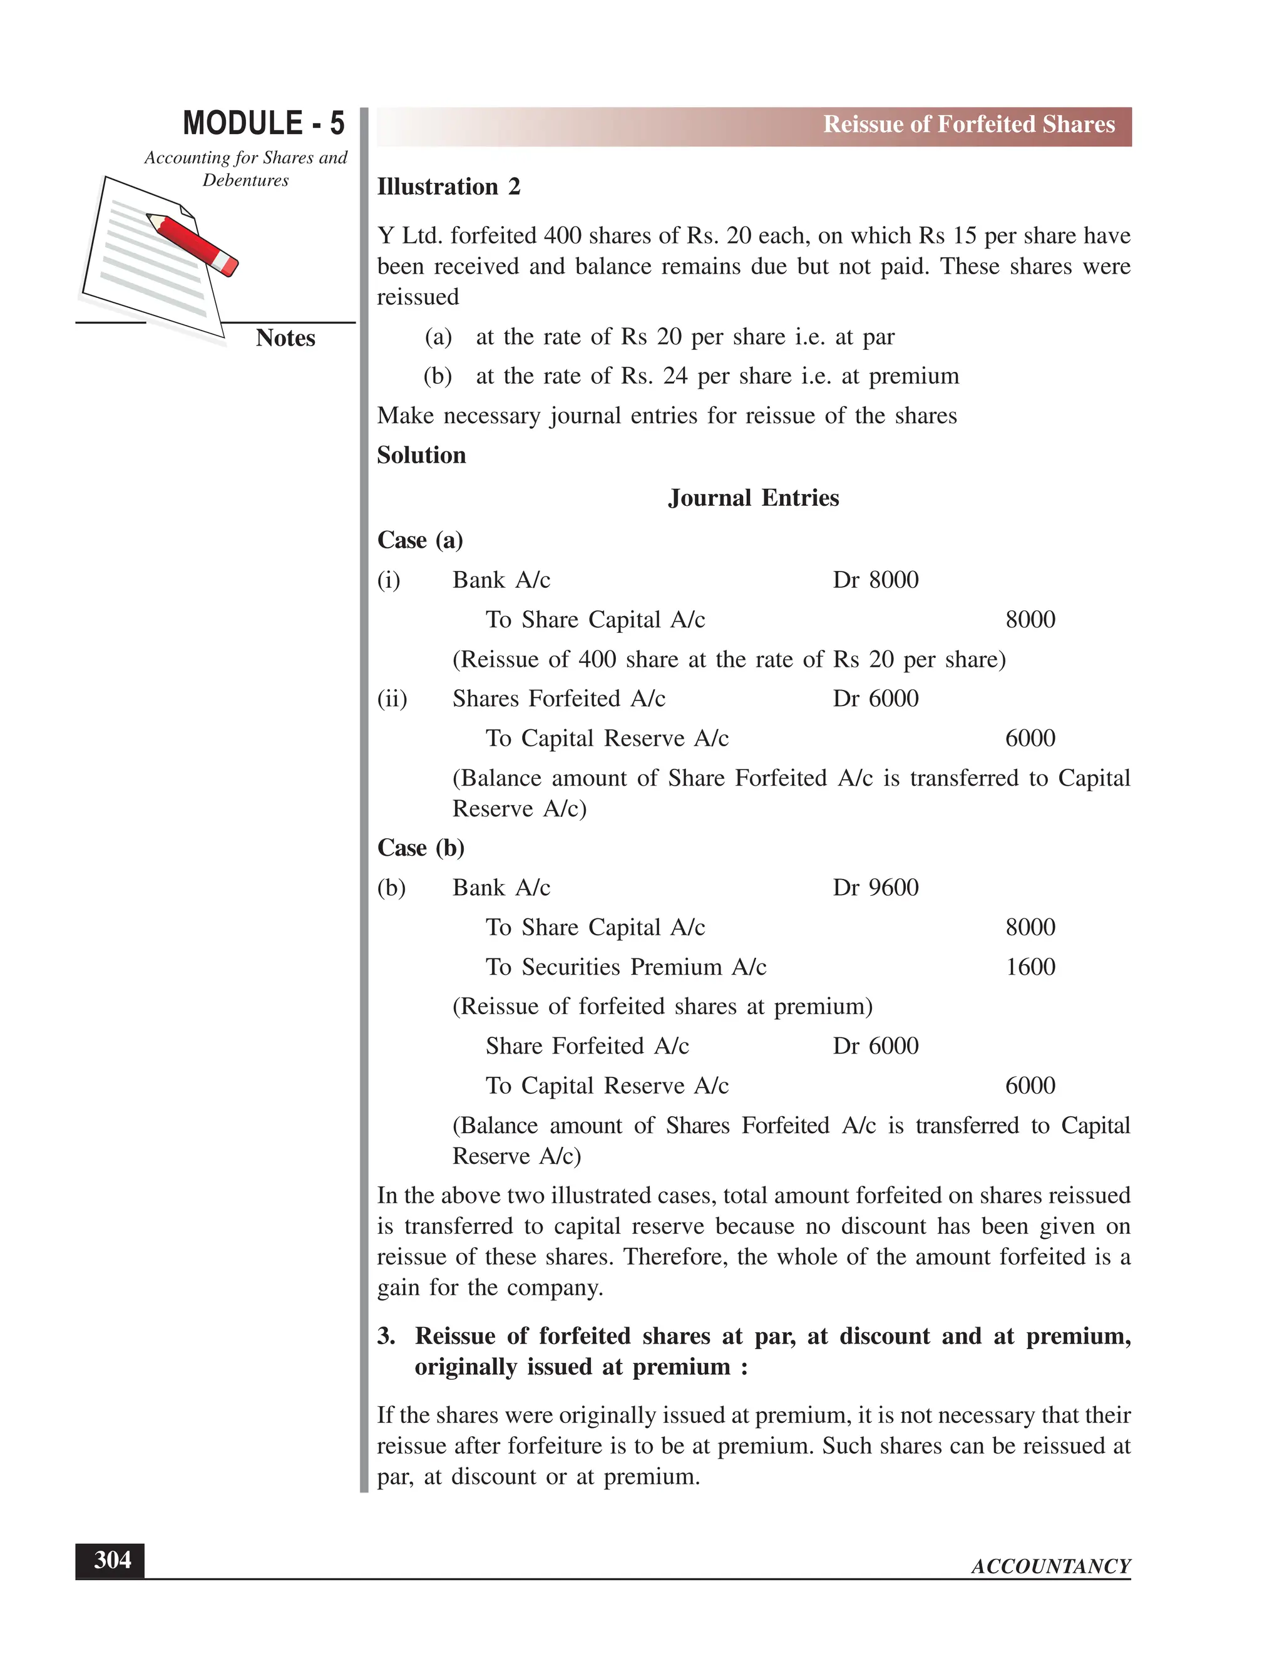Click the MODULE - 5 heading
pyautogui.click(x=264, y=123)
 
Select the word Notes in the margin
pyautogui.click(x=285, y=338)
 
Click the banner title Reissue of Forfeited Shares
pyautogui.click(x=968, y=125)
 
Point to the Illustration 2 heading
pyautogui.click(x=448, y=187)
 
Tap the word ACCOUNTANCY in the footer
pyautogui.click(x=1050, y=1566)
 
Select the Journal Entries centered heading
pyautogui.click(x=754, y=498)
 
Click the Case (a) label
pyautogui.click(x=420, y=541)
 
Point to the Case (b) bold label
pyautogui.click(x=421, y=848)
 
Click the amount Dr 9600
pyautogui.click(x=875, y=888)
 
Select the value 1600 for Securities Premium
pyautogui.click(x=1030, y=967)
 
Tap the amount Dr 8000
pyautogui.click(x=875, y=580)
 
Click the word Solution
pyautogui.click(x=421, y=456)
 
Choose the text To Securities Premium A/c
pyautogui.click(x=626, y=967)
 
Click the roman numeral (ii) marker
pyautogui.click(x=392, y=699)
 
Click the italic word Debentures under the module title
pyautogui.click(x=245, y=181)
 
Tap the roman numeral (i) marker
pyautogui.click(x=389, y=580)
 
